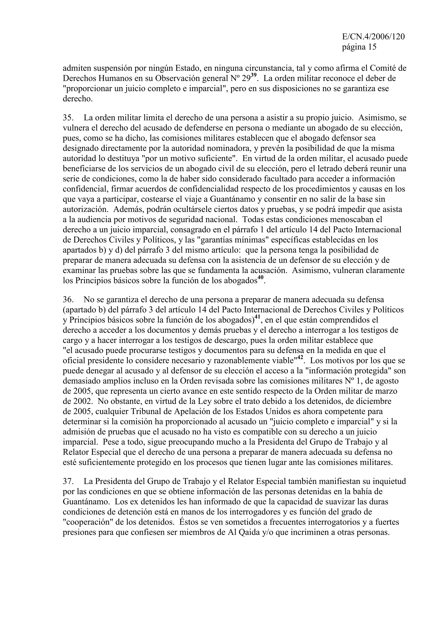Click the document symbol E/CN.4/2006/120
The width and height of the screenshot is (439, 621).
click(x=373, y=37)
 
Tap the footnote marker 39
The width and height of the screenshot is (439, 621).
click(x=253, y=75)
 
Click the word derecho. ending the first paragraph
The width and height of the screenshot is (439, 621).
click(x=78, y=99)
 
